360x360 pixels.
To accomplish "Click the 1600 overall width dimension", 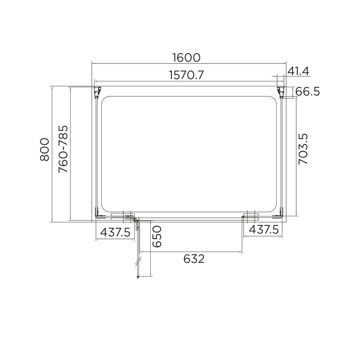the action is [186, 58].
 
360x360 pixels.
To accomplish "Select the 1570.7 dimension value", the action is [186, 75].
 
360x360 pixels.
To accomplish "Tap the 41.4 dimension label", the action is [298, 71].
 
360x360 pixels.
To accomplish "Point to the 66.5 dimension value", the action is [307, 92].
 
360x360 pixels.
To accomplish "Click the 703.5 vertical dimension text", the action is [303, 149].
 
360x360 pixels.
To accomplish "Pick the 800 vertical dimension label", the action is [45, 149].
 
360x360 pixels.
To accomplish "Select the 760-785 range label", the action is [63, 149].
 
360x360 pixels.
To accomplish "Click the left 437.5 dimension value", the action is [115, 232].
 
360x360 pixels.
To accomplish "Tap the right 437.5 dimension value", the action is [264, 229].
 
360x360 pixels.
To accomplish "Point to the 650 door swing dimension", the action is [157, 237].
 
